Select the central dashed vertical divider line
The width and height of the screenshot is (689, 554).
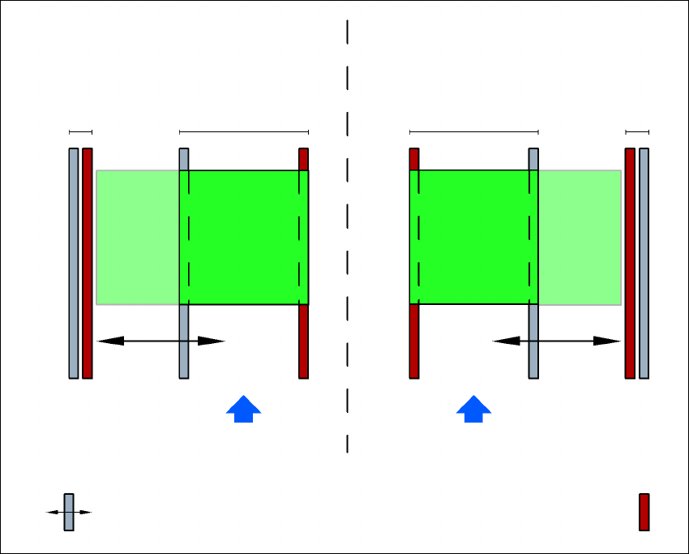(x=347, y=235)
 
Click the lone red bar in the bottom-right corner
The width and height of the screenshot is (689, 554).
(x=644, y=512)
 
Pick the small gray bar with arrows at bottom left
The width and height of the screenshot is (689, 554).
(x=69, y=512)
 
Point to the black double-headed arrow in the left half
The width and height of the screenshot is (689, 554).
(x=160, y=341)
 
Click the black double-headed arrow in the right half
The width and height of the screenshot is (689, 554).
(x=557, y=341)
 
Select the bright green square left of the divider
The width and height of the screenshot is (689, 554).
(x=244, y=237)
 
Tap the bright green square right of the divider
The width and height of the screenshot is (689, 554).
(x=473, y=237)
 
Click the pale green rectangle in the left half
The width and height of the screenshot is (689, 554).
(x=138, y=237)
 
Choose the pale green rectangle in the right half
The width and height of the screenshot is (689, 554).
(x=580, y=237)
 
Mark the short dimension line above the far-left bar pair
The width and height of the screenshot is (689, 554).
(x=81, y=131)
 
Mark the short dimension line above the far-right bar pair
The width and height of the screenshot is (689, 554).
(x=637, y=131)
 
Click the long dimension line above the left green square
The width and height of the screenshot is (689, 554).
(x=244, y=131)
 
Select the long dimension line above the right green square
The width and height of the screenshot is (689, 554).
(x=473, y=131)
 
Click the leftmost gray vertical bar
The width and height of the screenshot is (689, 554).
(x=74, y=263)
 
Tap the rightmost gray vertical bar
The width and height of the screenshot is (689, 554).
(x=644, y=263)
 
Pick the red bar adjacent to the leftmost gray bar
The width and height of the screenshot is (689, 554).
(x=88, y=263)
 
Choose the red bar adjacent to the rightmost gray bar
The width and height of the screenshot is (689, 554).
(x=630, y=263)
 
